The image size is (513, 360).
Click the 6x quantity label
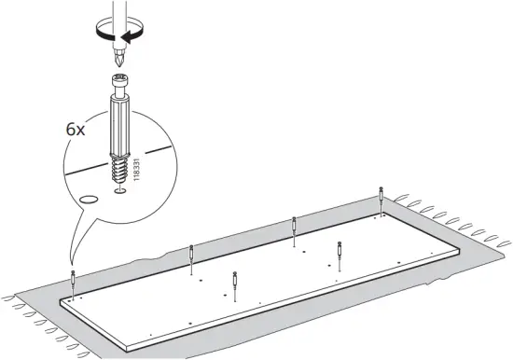coord(76,129)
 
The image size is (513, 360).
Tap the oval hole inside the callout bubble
coord(90,199)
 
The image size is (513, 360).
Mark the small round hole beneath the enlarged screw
coord(119,191)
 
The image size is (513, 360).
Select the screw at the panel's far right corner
coord(381,198)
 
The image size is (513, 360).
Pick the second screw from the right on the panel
coord(340,253)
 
